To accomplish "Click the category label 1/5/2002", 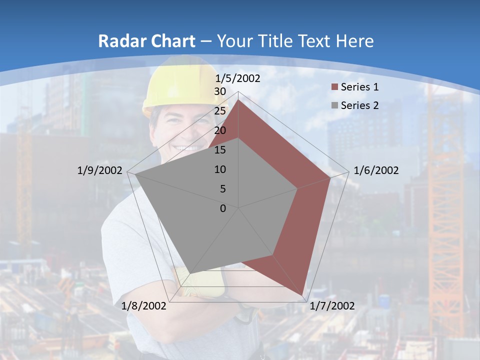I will click(238, 78).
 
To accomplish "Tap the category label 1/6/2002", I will click(376, 170).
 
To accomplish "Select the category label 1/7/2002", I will click(332, 306).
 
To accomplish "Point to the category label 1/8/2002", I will click(143, 306).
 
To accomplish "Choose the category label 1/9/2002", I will click(100, 170).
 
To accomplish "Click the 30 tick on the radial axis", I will click(220, 91).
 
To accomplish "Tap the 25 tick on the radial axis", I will click(220, 111).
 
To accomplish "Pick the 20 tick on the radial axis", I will click(220, 130).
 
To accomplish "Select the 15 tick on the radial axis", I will click(220, 150).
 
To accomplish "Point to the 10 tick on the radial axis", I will click(220, 169).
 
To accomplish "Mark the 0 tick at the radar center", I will click(223, 208).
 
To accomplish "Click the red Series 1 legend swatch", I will click(334, 87).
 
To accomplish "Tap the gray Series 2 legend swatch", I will click(334, 105).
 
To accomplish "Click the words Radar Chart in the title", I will click(146, 41).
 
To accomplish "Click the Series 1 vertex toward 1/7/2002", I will click(302, 295).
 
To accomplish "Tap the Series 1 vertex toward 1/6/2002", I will click(330, 177).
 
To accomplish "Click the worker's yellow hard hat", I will click(180, 87).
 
